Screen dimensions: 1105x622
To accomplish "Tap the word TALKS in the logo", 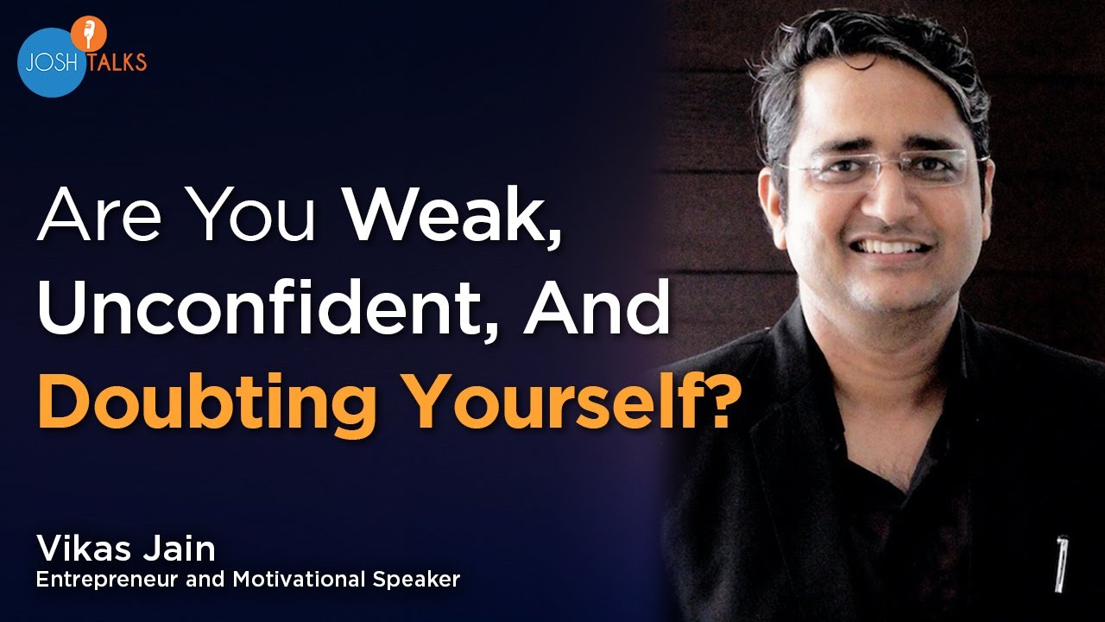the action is [x=117, y=61].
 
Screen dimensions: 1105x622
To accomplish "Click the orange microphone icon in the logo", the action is [x=89, y=33].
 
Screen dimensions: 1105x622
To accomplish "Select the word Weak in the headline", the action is [x=454, y=213].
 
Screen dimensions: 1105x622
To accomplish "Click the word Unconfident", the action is [x=262, y=306].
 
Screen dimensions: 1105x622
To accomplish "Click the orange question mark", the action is [x=710, y=400].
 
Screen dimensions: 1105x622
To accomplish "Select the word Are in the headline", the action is [x=98, y=215].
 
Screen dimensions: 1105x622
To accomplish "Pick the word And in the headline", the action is [x=596, y=306].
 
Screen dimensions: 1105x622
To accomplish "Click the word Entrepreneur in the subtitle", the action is [x=106, y=580].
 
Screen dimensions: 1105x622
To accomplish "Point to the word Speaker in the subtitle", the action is [x=416, y=580].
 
